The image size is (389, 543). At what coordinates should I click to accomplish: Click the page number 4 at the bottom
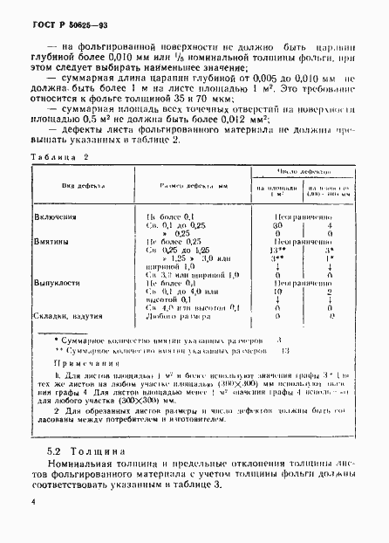31,503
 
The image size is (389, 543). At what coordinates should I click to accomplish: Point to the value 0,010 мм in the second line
136,51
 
